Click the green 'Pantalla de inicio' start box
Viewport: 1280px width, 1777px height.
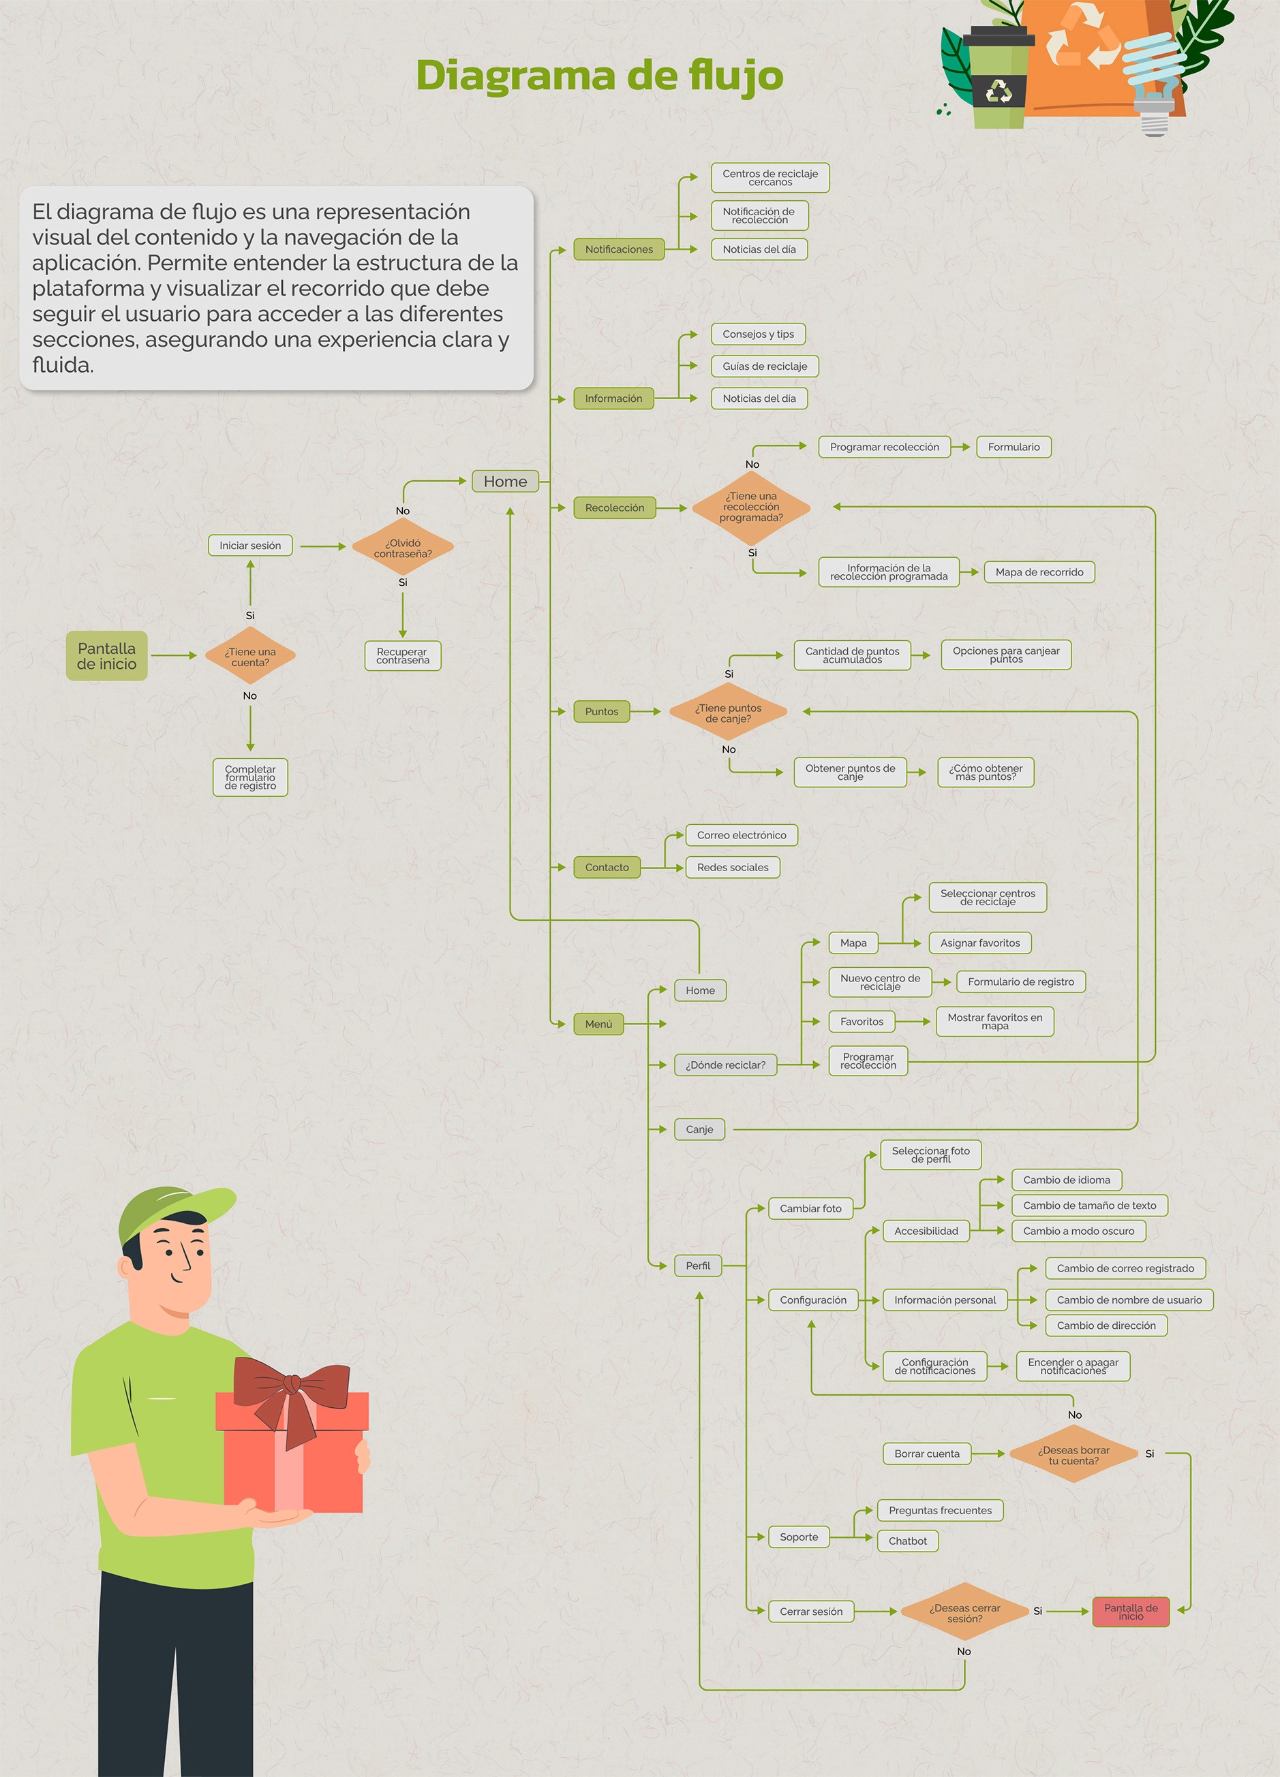[106, 656]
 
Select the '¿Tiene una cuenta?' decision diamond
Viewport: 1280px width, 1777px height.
[250, 657]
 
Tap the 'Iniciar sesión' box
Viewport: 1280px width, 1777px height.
[250, 546]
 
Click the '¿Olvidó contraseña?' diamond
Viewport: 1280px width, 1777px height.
[403, 548]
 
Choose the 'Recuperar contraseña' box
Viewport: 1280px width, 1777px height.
[403, 656]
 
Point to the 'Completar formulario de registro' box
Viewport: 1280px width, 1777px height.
[250, 777]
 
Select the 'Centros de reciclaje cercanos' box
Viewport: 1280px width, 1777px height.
[769, 178]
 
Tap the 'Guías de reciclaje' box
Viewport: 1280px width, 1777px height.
[764, 366]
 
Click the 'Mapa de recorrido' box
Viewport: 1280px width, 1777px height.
[1039, 572]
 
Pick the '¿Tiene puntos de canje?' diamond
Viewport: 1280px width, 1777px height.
[728, 712]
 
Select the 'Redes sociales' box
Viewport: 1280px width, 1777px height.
[732, 867]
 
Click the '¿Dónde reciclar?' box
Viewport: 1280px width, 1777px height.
[725, 1065]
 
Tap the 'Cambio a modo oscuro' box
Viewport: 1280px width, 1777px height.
[1078, 1231]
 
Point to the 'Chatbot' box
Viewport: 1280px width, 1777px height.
[907, 1541]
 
